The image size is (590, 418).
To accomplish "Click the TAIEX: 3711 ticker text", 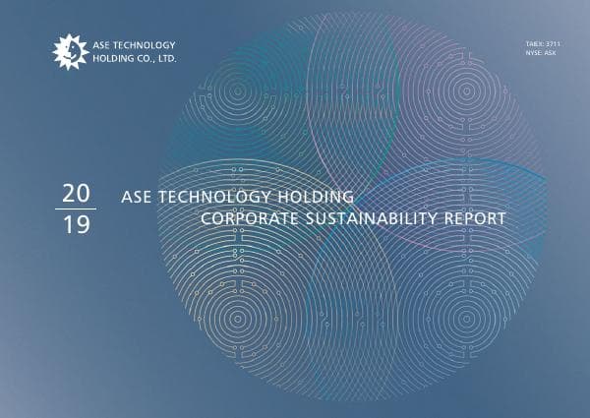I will point(543,44).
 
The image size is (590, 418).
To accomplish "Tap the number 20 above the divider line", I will point(75,193).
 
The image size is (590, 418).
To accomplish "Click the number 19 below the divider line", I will point(75,224).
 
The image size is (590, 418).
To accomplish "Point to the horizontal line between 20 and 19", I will point(75,209).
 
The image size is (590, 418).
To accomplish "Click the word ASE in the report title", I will point(135,196).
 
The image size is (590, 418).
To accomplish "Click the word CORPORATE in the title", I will point(245,216).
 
